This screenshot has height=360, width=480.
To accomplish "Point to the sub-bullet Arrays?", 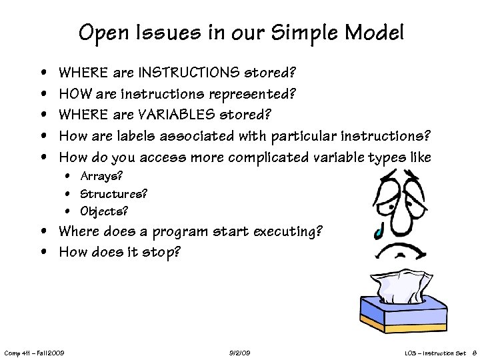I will pos(101,177).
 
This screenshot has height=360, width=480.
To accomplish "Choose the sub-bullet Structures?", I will pos(113,194).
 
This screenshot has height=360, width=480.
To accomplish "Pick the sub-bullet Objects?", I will pos(104,211).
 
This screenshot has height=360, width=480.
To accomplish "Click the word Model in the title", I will pos(371,31).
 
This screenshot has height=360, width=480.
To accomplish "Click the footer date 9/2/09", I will pos(239,352).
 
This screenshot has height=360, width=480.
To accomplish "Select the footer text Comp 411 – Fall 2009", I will pos(34,352).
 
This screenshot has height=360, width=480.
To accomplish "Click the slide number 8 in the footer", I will pos(473,352).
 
